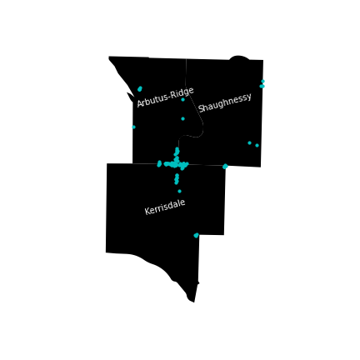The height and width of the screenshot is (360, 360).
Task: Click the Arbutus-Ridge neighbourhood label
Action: coord(165,97)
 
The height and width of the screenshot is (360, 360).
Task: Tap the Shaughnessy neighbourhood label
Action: coord(225,102)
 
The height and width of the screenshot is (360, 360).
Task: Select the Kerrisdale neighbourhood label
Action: coord(165,207)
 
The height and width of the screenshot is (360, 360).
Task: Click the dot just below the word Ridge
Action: coord(182,99)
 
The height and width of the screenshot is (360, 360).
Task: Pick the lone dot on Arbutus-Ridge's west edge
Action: coord(133,127)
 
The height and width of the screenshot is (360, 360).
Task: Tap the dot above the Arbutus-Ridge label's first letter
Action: coord(140,88)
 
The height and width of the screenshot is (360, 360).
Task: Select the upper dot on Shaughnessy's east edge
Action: coord(262,81)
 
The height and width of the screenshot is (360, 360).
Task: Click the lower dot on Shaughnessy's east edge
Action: coord(262,86)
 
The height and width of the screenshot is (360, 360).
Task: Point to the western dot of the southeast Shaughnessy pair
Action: coord(249,142)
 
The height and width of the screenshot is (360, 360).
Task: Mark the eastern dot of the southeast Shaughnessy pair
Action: coord(257,145)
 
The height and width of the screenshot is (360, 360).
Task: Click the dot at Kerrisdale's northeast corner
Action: coord(225,167)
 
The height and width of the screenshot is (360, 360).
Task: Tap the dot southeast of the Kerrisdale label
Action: coord(197,235)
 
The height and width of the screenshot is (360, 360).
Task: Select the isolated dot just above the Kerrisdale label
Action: coord(179,191)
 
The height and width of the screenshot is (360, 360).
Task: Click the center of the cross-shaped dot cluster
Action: coord(177,164)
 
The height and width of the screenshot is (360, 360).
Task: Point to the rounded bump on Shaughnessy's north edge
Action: coord(239,57)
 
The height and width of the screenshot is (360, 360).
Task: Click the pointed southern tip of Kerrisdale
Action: coord(194,302)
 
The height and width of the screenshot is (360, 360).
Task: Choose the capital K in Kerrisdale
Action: coord(147,211)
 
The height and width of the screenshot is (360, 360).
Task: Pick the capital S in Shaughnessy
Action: coord(201,109)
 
